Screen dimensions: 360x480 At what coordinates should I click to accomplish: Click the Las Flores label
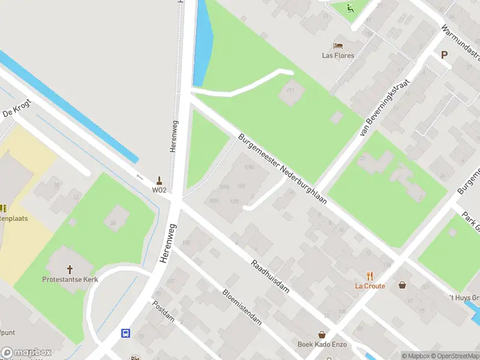point(338,56)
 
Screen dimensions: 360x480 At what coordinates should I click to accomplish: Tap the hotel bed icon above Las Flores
point(338,46)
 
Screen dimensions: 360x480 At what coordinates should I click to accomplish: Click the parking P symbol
point(445,55)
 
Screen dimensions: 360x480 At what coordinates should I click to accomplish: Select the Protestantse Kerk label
point(70,279)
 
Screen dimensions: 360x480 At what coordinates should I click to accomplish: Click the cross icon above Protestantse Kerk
point(70,269)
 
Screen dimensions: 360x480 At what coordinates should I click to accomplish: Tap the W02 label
point(159,190)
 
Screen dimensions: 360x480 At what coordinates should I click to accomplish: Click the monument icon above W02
point(159,180)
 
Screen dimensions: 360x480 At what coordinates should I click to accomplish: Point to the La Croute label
point(370,286)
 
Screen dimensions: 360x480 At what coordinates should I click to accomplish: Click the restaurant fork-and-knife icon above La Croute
point(370,277)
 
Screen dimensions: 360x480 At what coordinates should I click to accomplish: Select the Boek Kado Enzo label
point(322,344)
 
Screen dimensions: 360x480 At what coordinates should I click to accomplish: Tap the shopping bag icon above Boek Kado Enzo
point(322,335)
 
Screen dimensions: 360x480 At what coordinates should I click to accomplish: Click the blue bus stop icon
point(126,334)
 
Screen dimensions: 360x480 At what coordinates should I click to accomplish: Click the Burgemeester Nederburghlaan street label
point(282,169)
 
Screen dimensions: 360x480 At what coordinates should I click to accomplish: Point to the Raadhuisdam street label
point(270,276)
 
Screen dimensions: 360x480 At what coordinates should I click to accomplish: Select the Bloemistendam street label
point(242,307)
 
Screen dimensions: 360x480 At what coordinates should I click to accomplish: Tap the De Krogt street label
point(16,107)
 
